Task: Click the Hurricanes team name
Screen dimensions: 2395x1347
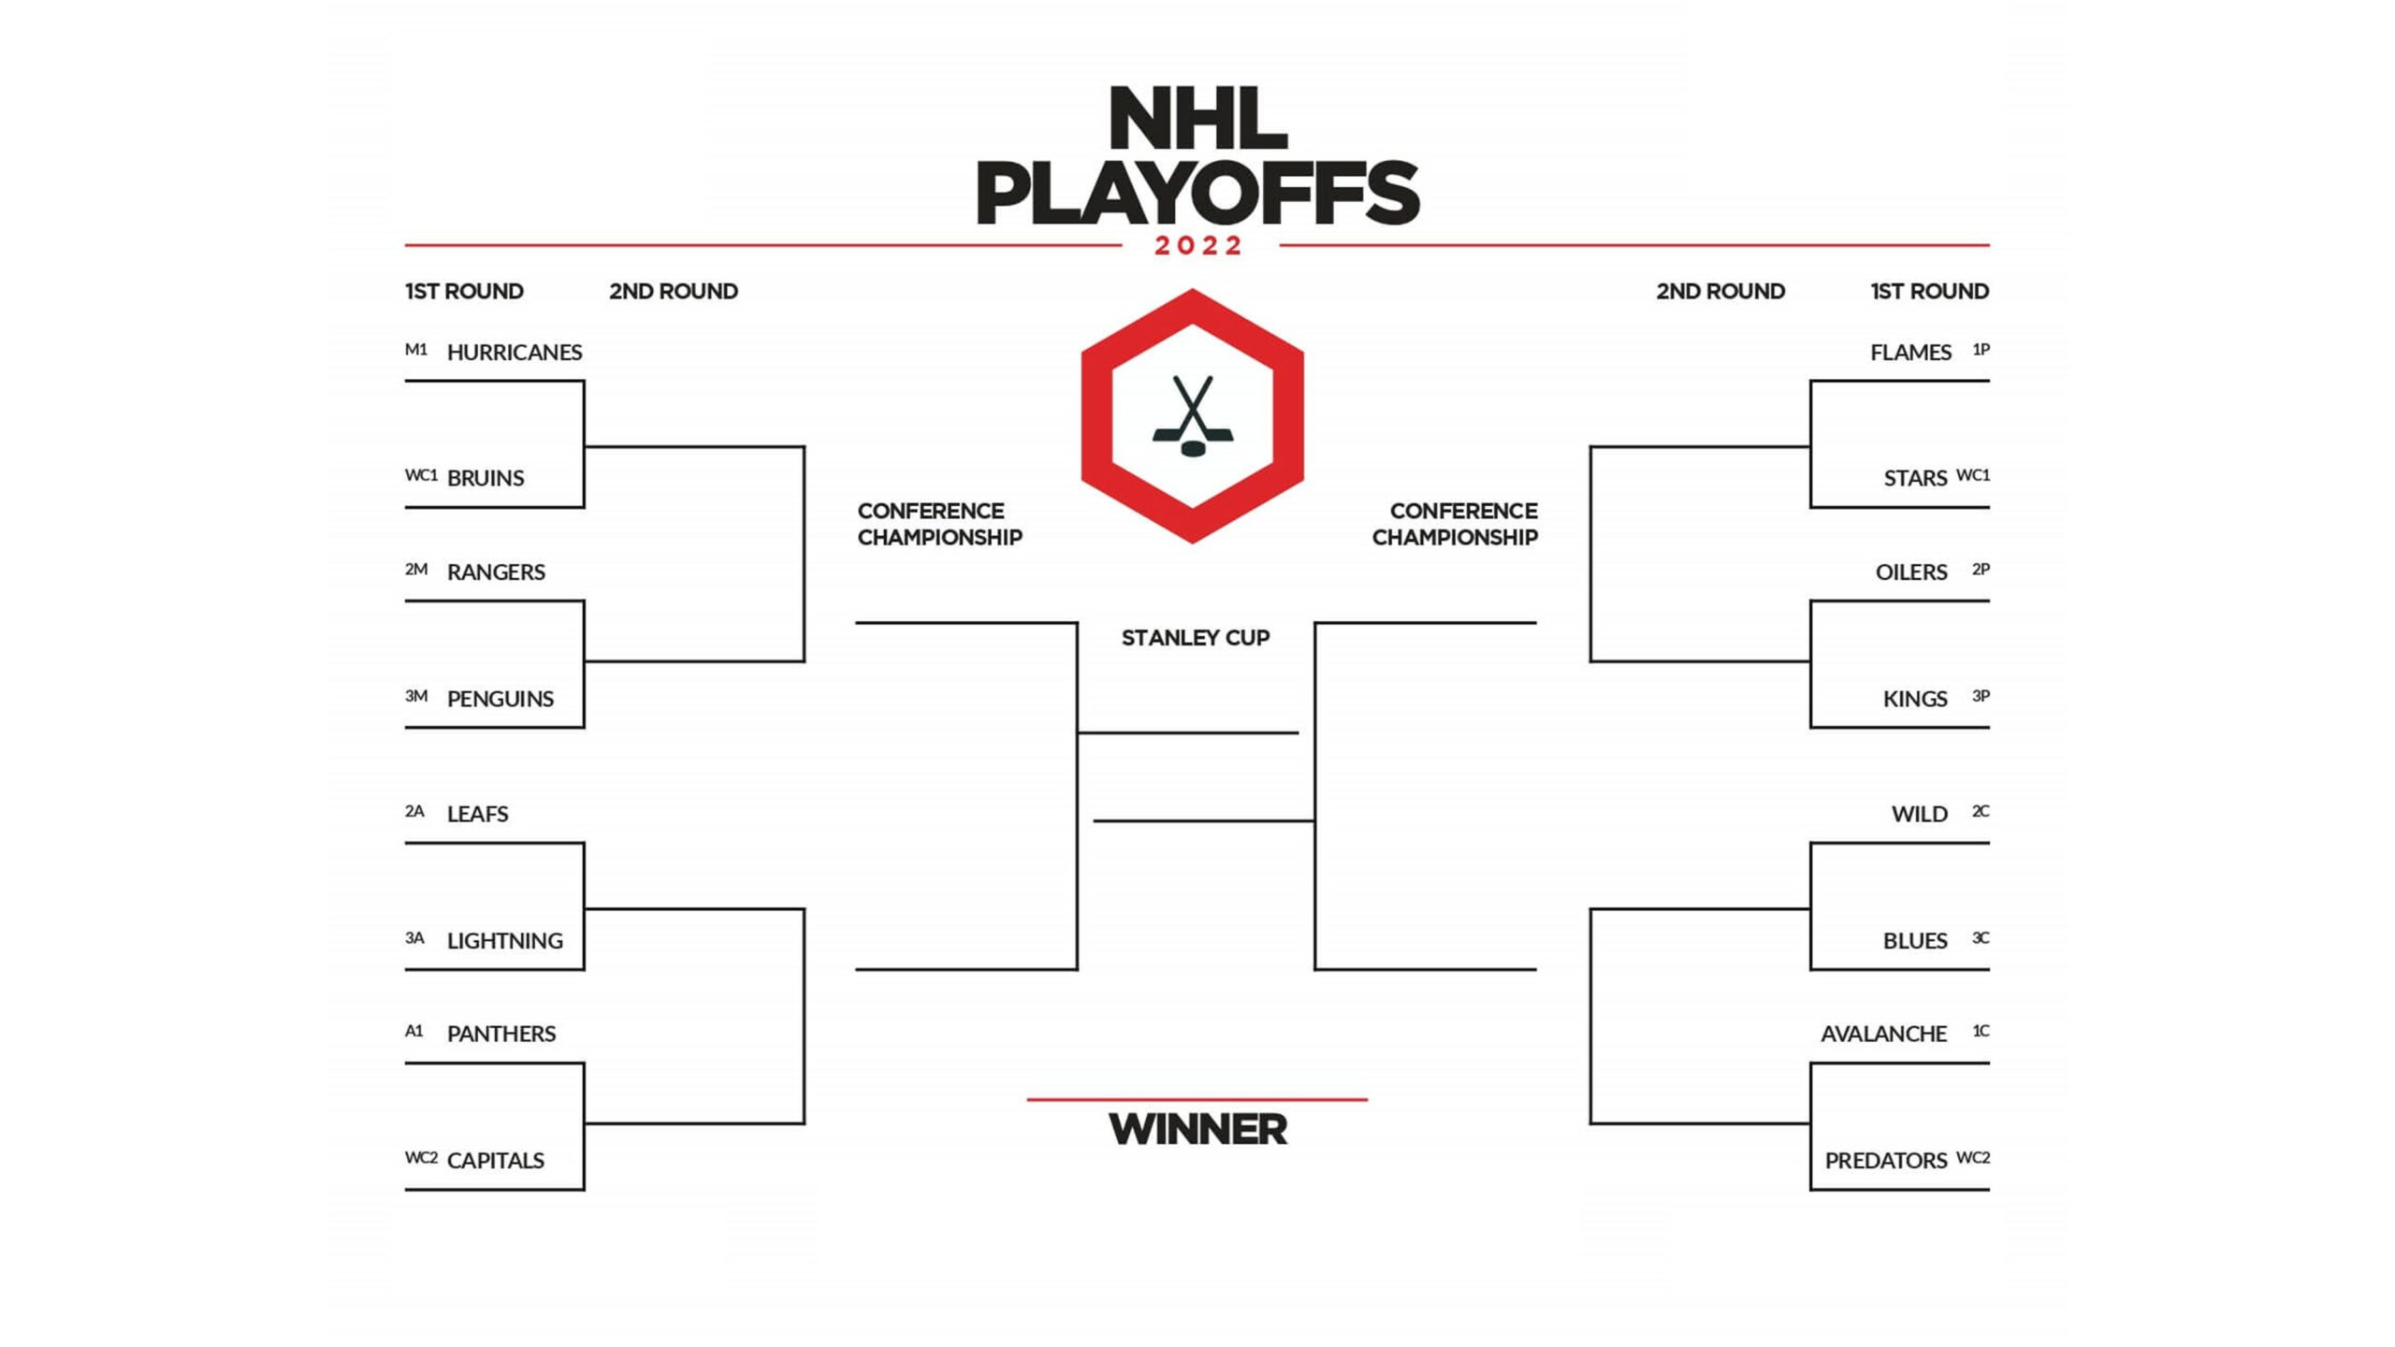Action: point(515,353)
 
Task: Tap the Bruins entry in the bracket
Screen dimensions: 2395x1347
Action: point(486,478)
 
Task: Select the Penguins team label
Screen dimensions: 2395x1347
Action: point(501,699)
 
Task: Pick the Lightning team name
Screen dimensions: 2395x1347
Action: point(505,941)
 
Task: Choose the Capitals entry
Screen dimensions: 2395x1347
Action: point(496,1161)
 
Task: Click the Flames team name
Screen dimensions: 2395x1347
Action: point(1910,353)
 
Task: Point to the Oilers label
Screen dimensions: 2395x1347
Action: point(1911,572)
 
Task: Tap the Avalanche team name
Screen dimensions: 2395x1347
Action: point(1883,1034)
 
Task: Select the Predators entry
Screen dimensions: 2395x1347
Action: point(1885,1161)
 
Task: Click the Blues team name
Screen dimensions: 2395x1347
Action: point(1915,941)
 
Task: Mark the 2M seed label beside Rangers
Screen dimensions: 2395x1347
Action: point(416,569)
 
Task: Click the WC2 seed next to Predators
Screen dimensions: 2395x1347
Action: point(1973,1158)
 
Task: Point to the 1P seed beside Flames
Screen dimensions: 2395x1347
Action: point(1981,350)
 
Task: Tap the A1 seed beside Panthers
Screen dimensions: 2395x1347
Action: point(414,1031)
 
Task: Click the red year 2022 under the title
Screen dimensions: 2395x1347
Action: point(1198,246)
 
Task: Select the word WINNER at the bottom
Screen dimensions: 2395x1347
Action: point(1197,1130)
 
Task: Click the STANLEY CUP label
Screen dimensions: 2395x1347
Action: point(1196,638)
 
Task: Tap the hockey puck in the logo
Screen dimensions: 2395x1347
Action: point(1193,448)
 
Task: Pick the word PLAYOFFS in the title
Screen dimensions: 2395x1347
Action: point(1197,193)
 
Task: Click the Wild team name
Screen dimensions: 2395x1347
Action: point(1920,814)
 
